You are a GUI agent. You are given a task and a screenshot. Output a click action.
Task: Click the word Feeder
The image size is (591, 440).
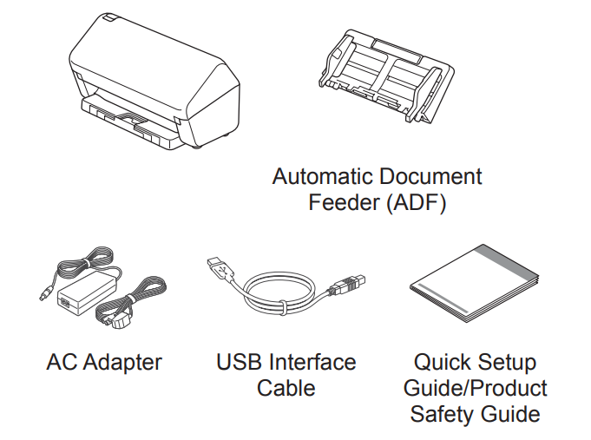(x=342, y=204)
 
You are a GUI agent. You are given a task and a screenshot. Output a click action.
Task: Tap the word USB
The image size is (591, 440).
(x=240, y=361)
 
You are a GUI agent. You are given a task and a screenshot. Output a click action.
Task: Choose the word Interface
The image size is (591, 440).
(x=312, y=361)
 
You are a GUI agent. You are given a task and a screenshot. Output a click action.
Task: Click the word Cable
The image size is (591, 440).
(x=286, y=387)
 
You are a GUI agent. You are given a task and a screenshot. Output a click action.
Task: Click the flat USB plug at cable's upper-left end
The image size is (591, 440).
(x=218, y=267)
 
